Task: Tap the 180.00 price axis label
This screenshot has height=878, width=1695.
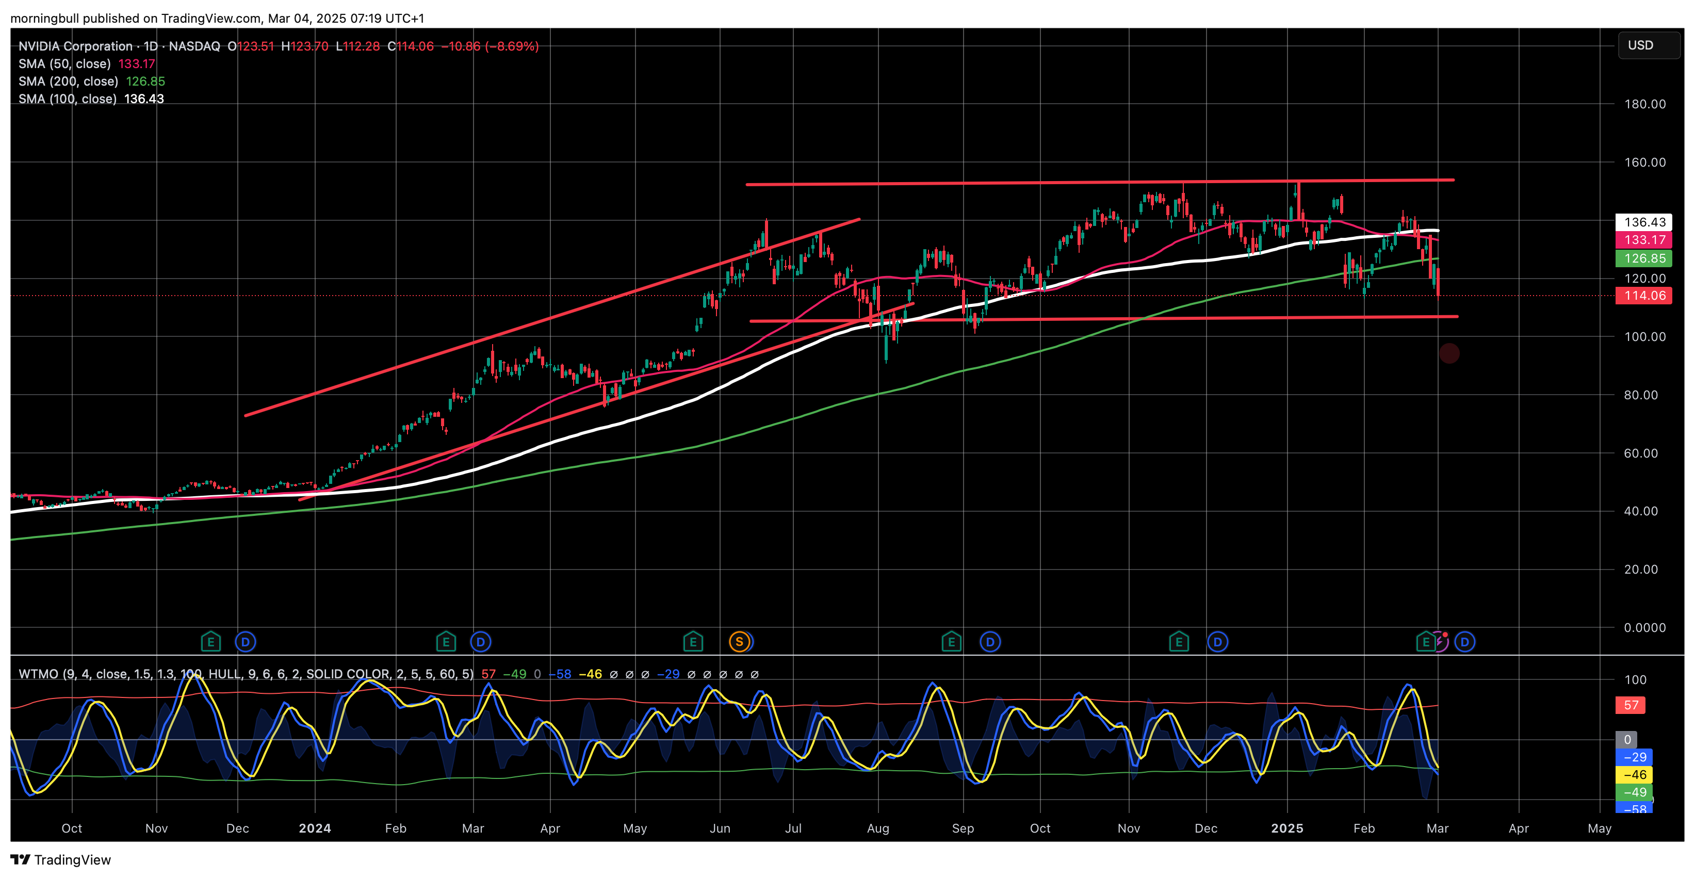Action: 1644,104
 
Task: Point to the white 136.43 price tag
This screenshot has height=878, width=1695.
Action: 1644,222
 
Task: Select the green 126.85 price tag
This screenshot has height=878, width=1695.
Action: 1644,258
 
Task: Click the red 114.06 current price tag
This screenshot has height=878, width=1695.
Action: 1644,296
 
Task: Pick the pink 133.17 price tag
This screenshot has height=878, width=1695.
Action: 1644,240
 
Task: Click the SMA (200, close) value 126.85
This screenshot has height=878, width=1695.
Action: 145,82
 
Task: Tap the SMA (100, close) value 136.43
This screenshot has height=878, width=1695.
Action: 144,99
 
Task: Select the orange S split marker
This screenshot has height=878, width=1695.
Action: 739,642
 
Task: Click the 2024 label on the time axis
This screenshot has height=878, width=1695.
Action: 315,828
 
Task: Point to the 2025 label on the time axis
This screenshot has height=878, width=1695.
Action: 1287,828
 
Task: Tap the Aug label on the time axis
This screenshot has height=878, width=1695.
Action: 878,828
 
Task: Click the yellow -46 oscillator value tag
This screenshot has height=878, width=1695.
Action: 1634,775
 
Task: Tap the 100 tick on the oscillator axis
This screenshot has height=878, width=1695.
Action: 1635,680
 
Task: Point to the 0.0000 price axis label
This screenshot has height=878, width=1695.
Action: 1644,628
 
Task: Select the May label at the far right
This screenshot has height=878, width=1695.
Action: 1599,828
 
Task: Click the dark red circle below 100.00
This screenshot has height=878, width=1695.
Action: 1449,354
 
